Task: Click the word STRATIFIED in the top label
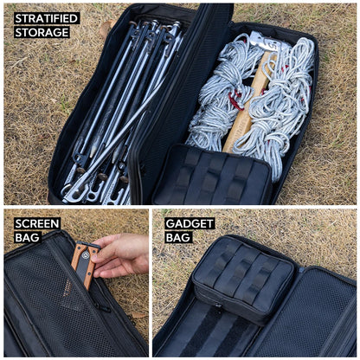click(46, 18)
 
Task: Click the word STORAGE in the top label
click(42, 32)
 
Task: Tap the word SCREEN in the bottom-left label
click(37, 223)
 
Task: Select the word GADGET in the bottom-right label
click(190, 223)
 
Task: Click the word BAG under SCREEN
click(27, 237)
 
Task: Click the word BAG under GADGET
click(178, 237)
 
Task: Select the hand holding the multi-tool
click(121, 255)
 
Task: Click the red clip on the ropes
click(233, 102)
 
